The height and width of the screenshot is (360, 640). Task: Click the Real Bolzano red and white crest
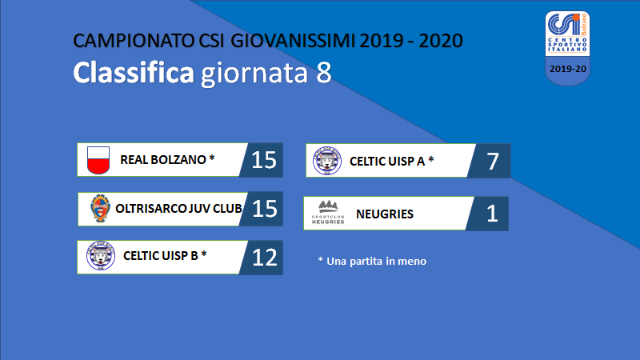pyautogui.click(x=98, y=160)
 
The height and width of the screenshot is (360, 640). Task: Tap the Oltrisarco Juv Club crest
pyautogui.click(x=100, y=208)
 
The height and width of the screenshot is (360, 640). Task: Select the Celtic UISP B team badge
pyautogui.click(x=101, y=255)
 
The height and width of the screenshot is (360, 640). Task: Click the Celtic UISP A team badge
pyautogui.click(x=327, y=161)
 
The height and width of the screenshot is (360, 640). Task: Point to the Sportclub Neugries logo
pyautogui.click(x=328, y=212)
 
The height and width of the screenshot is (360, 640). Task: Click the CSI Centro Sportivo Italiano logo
pyautogui.click(x=567, y=48)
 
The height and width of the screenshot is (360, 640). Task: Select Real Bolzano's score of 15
pyautogui.click(x=264, y=160)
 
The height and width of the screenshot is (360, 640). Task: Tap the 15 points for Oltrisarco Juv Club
pyautogui.click(x=265, y=209)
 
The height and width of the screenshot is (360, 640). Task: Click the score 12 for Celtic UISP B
pyautogui.click(x=265, y=258)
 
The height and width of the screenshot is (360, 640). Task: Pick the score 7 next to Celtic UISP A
pyautogui.click(x=493, y=162)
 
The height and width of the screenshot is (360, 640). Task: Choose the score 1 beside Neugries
pyautogui.click(x=492, y=214)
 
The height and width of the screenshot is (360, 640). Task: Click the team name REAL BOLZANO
pyautogui.click(x=163, y=159)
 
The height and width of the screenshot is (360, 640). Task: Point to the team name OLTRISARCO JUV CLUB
pyautogui.click(x=178, y=209)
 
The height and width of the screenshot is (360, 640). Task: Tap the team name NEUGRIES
pyautogui.click(x=385, y=214)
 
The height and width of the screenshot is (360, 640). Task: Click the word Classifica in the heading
pyautogui.click(x=134, y=73)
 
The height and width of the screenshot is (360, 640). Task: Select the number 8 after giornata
pyautogui.click(x=324, y=73)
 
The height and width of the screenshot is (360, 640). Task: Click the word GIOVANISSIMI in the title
pyautogui.click(x=292, y=41)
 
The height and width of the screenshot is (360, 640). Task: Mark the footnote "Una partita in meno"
pyautogui.click(x=376, y=262)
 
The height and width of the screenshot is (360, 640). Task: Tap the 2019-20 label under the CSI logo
pyautogui.click(x=568, y=69)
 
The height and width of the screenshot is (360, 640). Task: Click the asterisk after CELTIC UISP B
pyautogui.click(x=204, y=254)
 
